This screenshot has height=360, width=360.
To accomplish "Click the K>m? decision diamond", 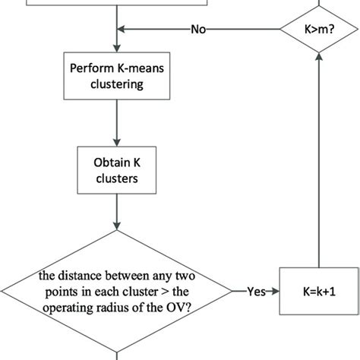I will pos(314,30).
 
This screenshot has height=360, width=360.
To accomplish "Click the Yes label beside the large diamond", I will pos(256,291).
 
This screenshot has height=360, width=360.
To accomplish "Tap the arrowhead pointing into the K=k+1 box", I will pos(275,291).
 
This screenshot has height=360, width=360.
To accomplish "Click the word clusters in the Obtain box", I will pos(116,182).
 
